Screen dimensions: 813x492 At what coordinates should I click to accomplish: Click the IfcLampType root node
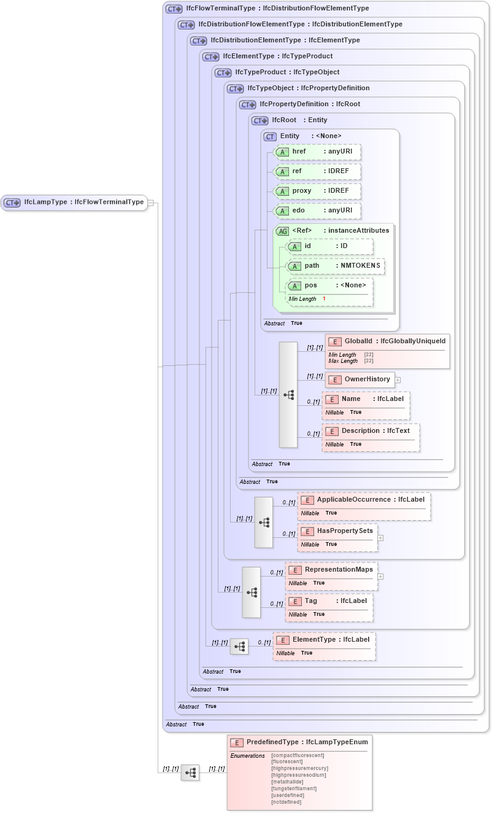[x=74, y=202]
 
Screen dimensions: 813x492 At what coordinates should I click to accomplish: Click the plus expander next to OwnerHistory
[x=398, y=380]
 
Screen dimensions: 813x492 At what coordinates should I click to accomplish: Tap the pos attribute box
[x=330, y=286]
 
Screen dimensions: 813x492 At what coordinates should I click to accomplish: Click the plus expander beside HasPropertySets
[x=380, y=538]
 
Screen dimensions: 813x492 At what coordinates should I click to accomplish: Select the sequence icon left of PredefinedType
[x=190, y=772]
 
